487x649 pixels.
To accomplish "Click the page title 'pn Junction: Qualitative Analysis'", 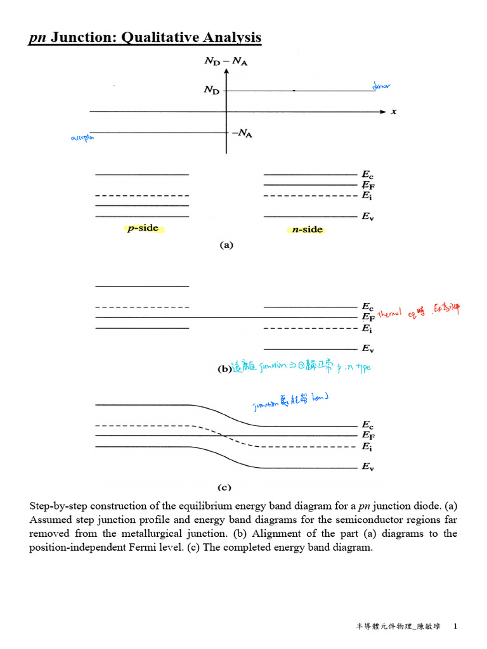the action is click(145, 39).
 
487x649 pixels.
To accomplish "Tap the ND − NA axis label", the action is click(226, 61).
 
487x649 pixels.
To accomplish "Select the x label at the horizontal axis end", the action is click(394, 112).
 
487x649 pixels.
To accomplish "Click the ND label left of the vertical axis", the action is click(212, 91).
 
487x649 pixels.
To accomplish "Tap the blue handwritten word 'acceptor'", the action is click(82, 138).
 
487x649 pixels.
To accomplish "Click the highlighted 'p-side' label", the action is click(143, 229).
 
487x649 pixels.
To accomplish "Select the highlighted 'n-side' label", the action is click(307, 229).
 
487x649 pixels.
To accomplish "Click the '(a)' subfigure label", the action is click(226, 245).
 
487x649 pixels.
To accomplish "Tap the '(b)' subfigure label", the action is click(223, 368).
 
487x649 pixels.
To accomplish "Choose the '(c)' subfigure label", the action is click(224, 487).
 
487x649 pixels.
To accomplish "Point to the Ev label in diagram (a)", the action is click(367, 217).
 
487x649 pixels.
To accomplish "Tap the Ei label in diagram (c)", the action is click(367, 447).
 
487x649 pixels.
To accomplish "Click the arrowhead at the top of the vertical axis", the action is click(226, 72).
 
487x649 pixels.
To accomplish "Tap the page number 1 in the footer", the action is click(455, 626).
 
